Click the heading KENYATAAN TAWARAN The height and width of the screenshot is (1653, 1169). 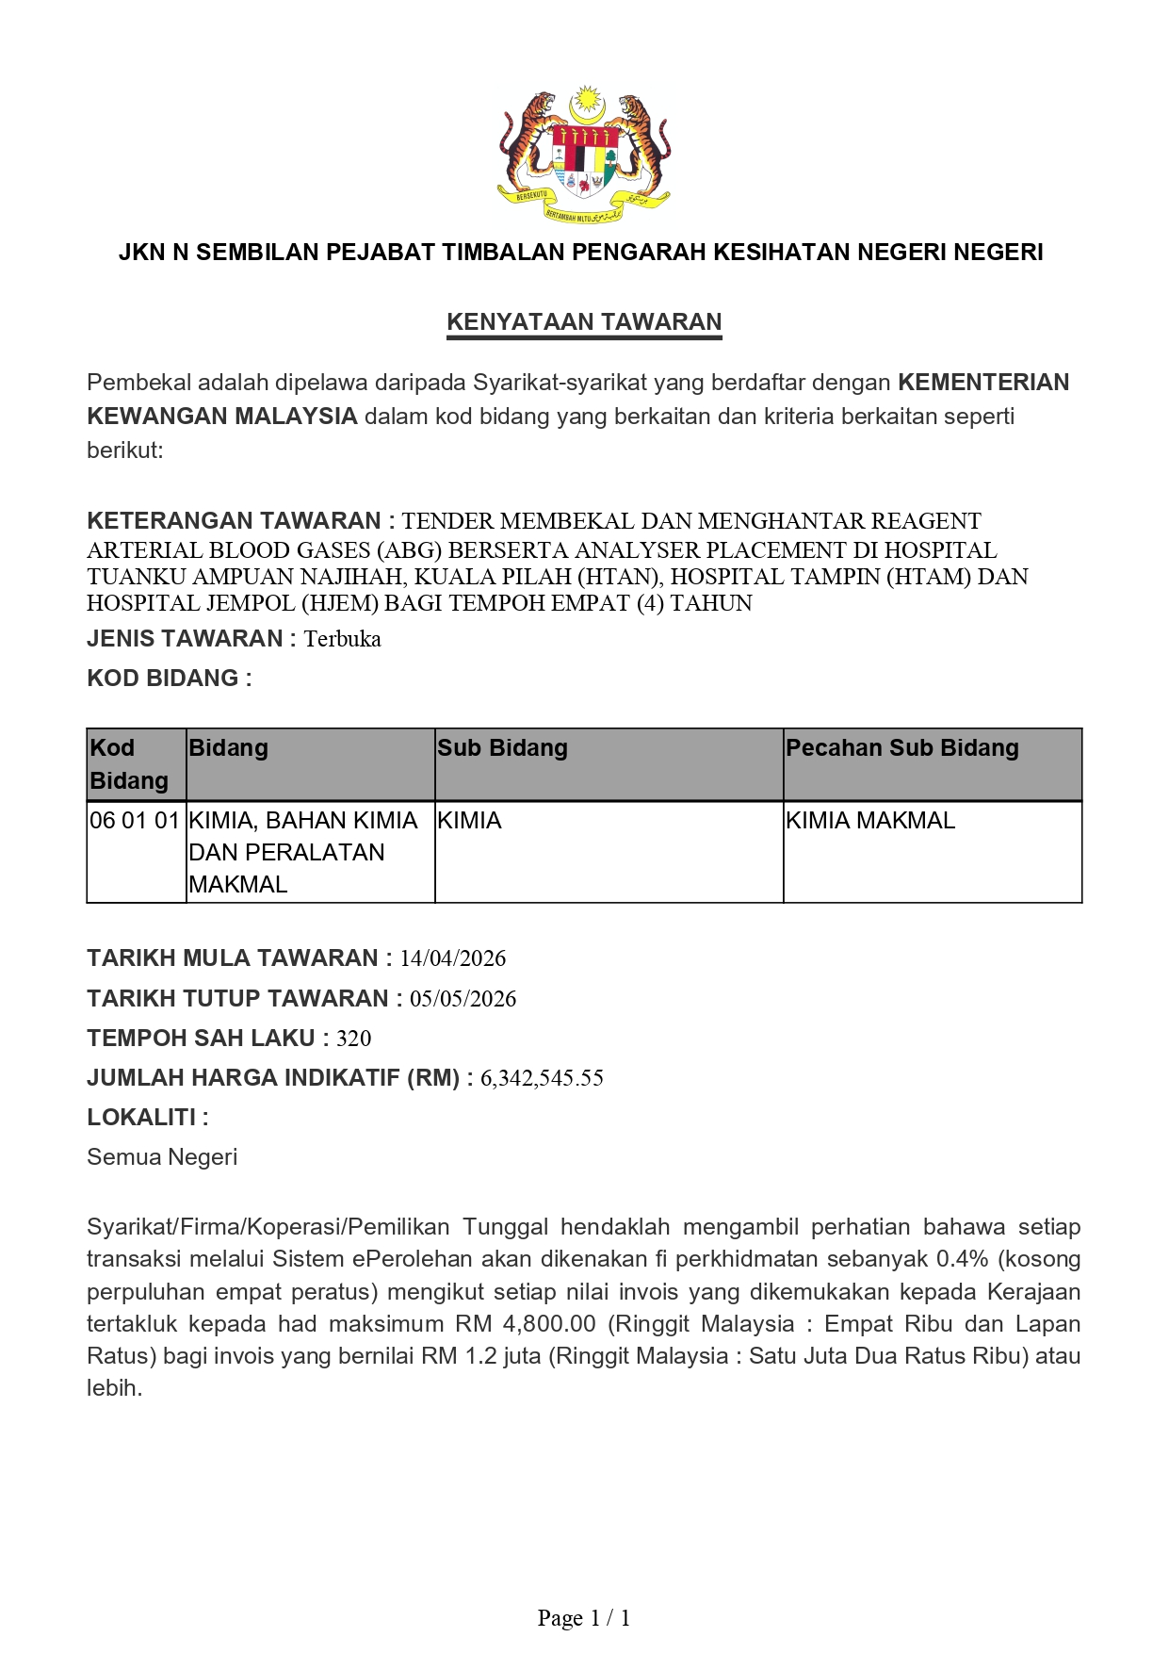tap(584, 322)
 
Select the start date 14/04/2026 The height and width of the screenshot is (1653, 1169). tap(452, 958)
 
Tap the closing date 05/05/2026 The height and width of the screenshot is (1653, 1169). tap(463, 999)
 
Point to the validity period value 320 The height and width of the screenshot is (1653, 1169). tap(353, 1039)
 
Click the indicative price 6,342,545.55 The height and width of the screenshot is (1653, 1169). tap(542, 1078)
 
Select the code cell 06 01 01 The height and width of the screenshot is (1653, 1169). tap(135, 821)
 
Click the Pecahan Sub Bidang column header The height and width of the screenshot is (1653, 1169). tap(901, 748)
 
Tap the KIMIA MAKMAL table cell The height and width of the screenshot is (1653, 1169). tap(869, 821)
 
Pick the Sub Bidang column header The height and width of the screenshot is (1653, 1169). tap(502, 748)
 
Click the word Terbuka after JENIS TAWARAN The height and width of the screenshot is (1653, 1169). tap(342, 639)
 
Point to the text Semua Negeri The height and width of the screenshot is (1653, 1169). tap(162, 1157)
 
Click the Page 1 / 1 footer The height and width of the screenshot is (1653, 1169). tap(584, 1618)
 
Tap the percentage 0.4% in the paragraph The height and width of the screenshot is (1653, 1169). tap(962, 1259)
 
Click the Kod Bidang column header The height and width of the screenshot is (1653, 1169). tap(128, 764)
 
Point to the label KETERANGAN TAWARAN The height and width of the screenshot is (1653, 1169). tap(234, 521)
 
